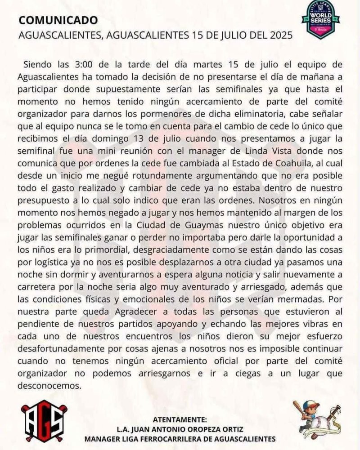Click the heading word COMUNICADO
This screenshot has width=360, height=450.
58,20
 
